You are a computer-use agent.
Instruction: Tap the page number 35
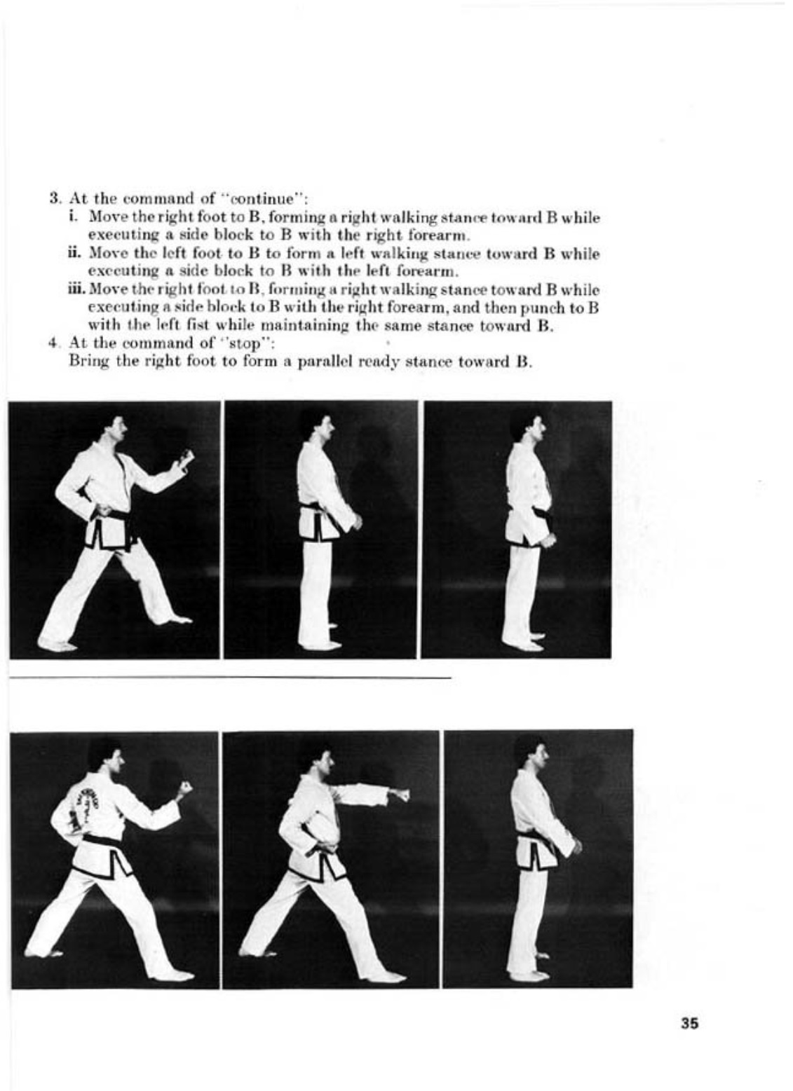pyautogui.click(x=689, y=1023)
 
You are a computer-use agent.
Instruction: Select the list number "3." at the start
pyautogui.click(x=57, y=198)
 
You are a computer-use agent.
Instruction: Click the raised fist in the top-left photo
pyautogui.click(x=186, y=459)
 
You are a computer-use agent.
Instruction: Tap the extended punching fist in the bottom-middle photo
pyautogui.click(x=400, y=795)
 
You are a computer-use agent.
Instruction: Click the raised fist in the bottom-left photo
pyautogui.click(x=184, y=787)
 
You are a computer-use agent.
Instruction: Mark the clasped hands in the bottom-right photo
pyautogui.click(x=575, y=846)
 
